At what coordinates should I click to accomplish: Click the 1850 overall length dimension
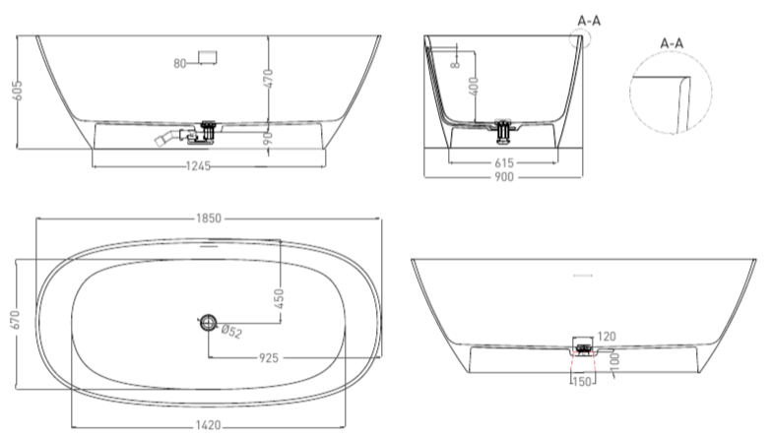click(x=209, y=219)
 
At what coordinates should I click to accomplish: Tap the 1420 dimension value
click(x=208, y=425)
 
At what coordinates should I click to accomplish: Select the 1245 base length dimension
click(x=198, y=166)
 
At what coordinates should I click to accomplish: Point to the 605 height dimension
click(x=18, y=92)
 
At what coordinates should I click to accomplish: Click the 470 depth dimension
click(x=268, y=79)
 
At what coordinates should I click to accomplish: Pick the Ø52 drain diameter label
click(x=231, y=331)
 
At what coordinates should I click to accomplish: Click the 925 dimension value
click(x=269, y=358)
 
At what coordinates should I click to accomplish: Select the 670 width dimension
click(x=16, y=319)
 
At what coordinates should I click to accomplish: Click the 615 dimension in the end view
click(x=504, y=162)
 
